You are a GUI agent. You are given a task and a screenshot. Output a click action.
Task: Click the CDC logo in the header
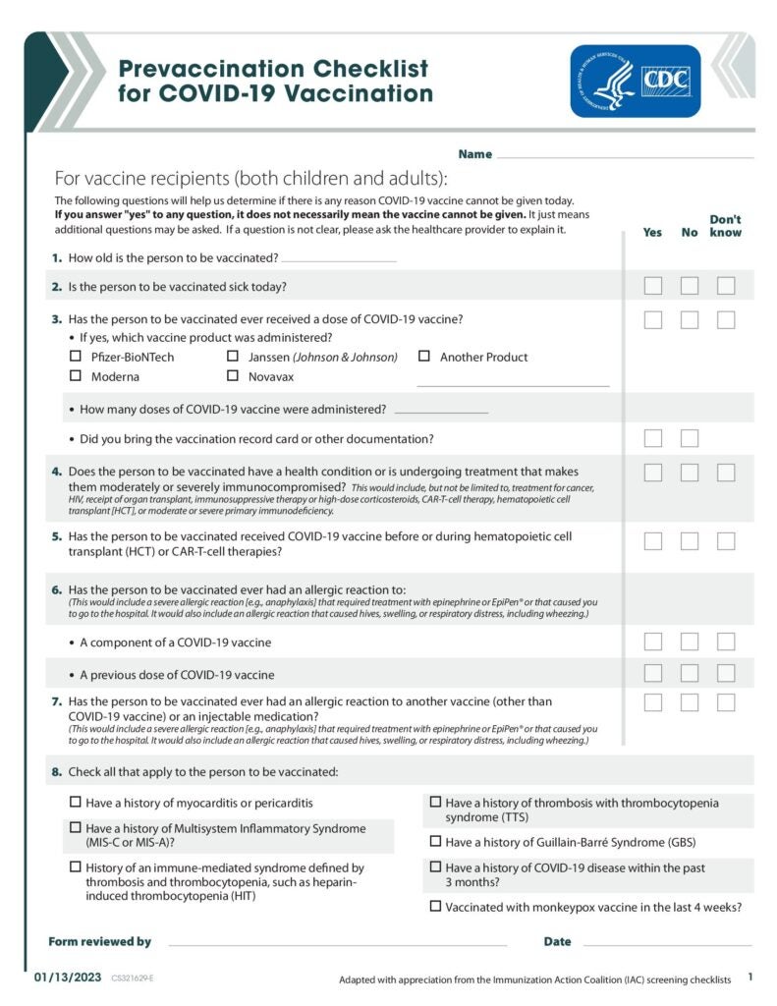636,82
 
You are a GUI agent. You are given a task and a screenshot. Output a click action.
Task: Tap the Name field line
625,156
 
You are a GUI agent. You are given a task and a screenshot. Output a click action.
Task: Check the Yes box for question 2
653,286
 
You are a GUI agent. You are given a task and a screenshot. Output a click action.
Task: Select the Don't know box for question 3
726,319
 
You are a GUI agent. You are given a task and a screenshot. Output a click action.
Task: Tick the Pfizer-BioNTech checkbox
76,357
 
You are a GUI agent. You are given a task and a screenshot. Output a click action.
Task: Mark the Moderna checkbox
76,375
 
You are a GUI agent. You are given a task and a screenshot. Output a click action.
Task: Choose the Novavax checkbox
233,375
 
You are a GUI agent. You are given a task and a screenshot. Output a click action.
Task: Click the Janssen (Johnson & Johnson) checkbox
233,357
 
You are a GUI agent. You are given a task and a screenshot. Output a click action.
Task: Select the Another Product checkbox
424,357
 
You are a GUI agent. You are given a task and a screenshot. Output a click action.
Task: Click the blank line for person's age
339,260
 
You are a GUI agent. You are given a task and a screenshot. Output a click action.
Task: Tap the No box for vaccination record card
690,438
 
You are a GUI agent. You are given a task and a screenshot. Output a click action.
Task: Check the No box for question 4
690,473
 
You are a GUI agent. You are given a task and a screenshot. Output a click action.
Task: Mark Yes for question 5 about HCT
653,540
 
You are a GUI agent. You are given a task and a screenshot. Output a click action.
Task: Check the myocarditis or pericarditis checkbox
76,802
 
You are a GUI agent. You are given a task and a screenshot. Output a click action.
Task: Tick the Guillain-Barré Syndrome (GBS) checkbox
435,841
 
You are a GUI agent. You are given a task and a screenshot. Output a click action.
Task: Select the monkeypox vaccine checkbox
435,906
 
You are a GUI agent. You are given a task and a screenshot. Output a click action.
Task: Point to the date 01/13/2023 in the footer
67,978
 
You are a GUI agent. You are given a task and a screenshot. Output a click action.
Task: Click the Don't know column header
726,226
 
